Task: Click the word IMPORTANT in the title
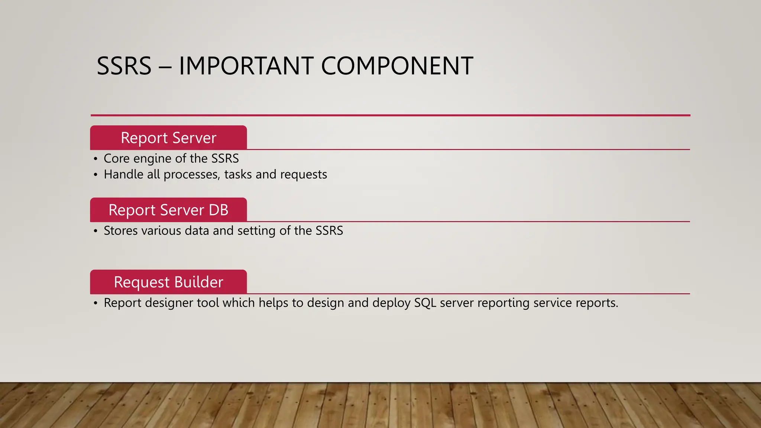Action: (246, 66)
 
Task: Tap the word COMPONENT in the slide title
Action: (397, 66)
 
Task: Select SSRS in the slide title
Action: (124, 66)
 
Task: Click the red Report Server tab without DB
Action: (168, 138)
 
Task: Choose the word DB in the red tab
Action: (218, 210)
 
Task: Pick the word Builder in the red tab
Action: (198, 282)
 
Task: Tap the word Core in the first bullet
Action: (117, 158)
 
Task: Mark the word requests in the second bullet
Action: (304, 175)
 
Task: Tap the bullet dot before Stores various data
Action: (96, 231)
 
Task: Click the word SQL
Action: (425, 303)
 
